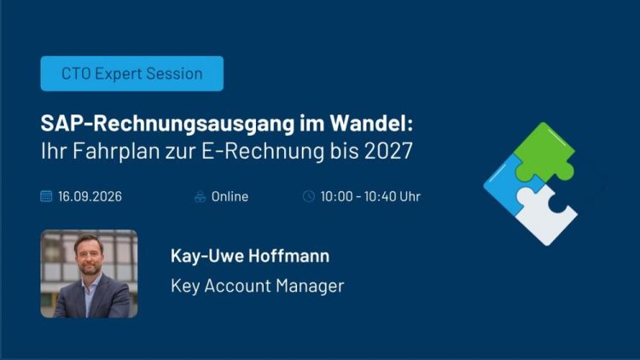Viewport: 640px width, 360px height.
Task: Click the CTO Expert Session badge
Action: (x=131, y=73)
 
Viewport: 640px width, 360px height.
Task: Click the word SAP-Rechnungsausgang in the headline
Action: (x=167, y=124)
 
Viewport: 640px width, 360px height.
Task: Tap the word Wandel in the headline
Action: (x=369, y=123)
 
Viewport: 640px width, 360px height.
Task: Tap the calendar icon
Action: (x=46, y=196)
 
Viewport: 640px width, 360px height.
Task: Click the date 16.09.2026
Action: (x=90, y=196)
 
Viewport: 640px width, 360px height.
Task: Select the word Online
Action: (x=230, y=196)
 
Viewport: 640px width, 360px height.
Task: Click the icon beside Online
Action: (x=200, y=196)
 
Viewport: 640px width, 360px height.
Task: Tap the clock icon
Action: (x=309, y=196)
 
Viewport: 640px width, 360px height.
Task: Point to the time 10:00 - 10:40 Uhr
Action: (x=370, y=196)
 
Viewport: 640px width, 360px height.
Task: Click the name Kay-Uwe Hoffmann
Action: (x=250, y=256)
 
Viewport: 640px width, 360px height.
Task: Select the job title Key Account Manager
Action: (x=257, y=286)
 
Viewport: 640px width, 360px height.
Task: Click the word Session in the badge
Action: (x=174, y=73)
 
